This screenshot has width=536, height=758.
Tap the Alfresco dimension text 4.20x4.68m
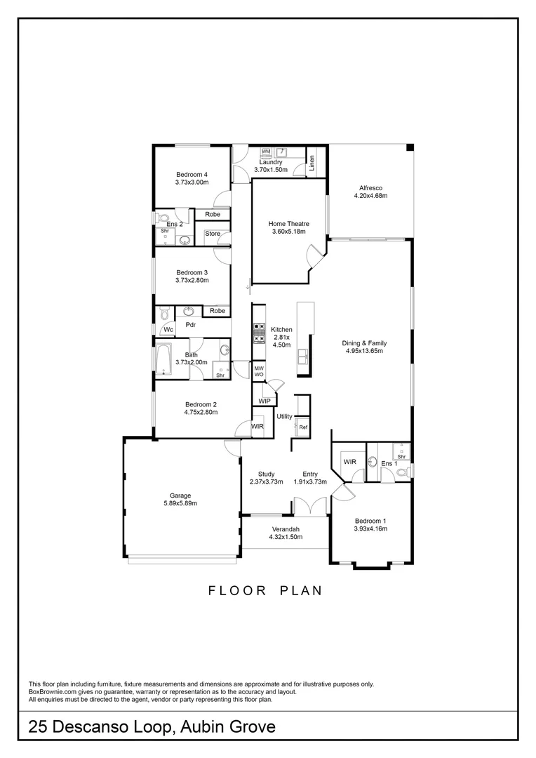[370, 196]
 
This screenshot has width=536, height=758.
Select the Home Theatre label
[289, 224]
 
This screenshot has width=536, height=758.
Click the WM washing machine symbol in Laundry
[266, 152]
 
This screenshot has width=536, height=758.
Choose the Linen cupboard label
[313, 162]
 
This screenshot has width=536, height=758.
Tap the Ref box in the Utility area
[303, 427]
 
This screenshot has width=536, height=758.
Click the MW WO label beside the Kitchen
[259, 371]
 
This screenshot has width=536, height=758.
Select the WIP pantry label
[264, 401]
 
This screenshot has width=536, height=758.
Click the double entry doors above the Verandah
[309, 506]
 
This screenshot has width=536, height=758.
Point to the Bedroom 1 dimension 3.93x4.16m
[370, 528]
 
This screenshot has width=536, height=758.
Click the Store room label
[213, 234]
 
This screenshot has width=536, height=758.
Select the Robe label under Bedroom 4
[213, 214]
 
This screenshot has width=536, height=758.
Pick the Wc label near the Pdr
[168, 331]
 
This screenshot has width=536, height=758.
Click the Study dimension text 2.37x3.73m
[266, 481]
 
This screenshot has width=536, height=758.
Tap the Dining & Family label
[364, 343]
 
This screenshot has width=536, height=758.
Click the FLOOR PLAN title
[265, 590]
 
